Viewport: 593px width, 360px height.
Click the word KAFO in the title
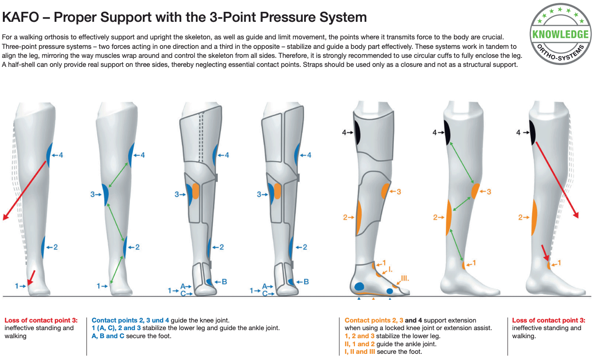pyautogui.click(x=21, y=18)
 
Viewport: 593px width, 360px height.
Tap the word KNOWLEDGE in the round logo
pyautogui.click(x=560, y=35)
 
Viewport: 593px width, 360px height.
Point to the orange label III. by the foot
pyautogui.click(x=405, y=278)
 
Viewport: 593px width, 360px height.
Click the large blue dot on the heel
pyautogui.click(x=359, y=286)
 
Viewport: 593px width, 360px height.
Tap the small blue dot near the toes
pyautogui.click(x=389, y=291)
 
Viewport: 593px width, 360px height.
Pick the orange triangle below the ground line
pyautogui.click(x=373, y=299)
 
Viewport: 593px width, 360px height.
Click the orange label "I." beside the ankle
pyautogui.click(x=390, y=270)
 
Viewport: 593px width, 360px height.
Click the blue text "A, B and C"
pyautogui.click(x=108, y=336)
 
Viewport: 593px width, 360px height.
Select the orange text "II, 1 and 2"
pyautogui.click(x=360, y=344)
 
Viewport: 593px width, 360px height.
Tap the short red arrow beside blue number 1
pyautogui.click(x=31, y=278)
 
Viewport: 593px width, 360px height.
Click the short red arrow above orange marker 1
pyautogui.click(x=545, y=253)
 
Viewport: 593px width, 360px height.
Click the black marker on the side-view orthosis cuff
pyautogui.click(x=357, y=132)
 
